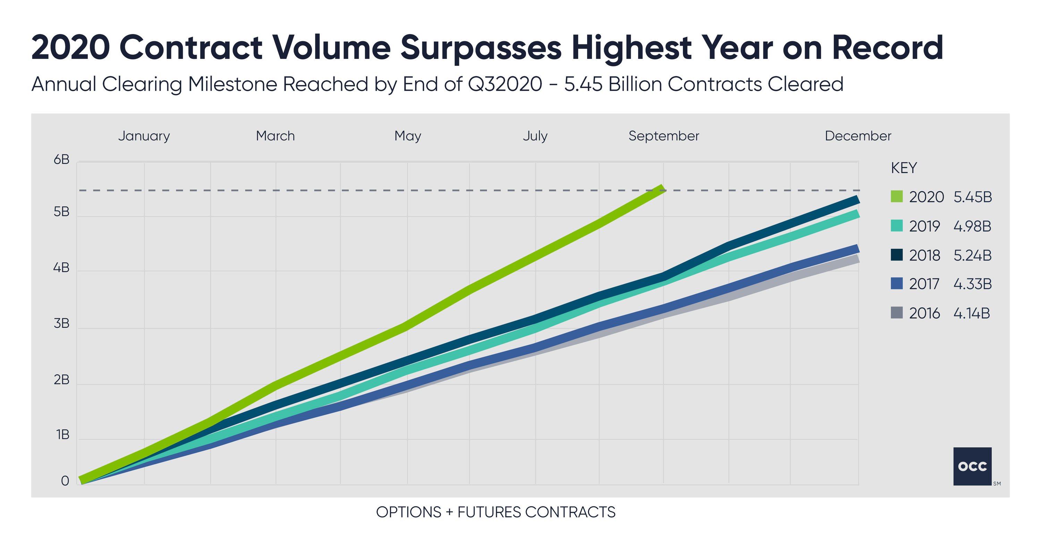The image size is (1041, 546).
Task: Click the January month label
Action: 144,136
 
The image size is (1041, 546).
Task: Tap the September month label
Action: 663,136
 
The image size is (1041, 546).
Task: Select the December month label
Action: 857,136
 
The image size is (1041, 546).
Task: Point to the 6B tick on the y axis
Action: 61,160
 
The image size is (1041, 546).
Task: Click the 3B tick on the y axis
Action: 61,324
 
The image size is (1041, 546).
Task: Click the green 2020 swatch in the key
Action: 896,197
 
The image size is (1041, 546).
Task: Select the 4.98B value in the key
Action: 972,226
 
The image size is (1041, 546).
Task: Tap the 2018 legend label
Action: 925,255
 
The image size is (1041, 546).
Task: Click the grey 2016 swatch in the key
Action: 896,313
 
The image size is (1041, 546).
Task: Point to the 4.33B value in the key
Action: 972,284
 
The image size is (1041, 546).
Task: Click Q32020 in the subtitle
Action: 505,84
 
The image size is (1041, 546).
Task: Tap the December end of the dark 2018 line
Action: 856,199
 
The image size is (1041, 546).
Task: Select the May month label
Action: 407,136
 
